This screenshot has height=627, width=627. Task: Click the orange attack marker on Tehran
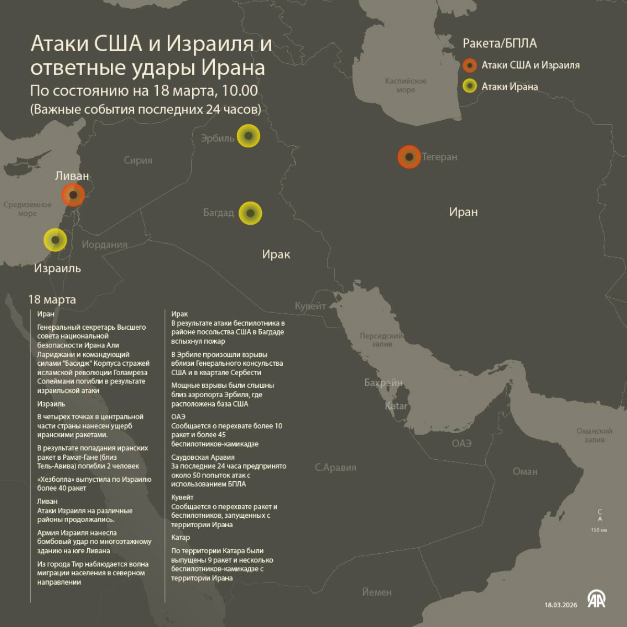click(x=409, y=157)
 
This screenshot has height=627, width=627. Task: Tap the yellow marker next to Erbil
click(x=248, y=136)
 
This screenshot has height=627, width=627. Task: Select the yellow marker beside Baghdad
click(x=250, y=213)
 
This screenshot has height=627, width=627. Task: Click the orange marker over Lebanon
click(x=73, y=195)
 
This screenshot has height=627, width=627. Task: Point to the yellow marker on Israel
click(x=55, y=240)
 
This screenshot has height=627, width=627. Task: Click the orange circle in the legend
click(x=470, y=65)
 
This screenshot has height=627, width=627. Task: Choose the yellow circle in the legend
click(x=470, y=86)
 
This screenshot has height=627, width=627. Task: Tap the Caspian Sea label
click(x=405, y=85)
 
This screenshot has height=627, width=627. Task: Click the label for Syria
click(x=138, y=160)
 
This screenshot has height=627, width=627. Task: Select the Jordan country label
click(x=104, y=245)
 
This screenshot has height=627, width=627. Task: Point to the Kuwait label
click(x=310, y=306)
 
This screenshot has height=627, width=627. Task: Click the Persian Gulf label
click(x=381, y=340)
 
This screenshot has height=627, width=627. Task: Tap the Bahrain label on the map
click(x=384, y=383)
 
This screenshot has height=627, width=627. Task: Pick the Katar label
click(x=396, y=406)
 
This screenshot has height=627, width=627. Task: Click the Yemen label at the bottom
click(x=377, y=592)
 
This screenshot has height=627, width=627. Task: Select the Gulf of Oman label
click(x=594, y=435)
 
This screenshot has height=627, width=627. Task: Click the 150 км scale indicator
click(x=599, y=530)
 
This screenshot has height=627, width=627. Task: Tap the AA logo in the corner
click(x=596, y=599)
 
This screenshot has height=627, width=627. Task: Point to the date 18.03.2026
click(x=561, y=605)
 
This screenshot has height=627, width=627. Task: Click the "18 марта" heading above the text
click(x=52, y=299)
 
